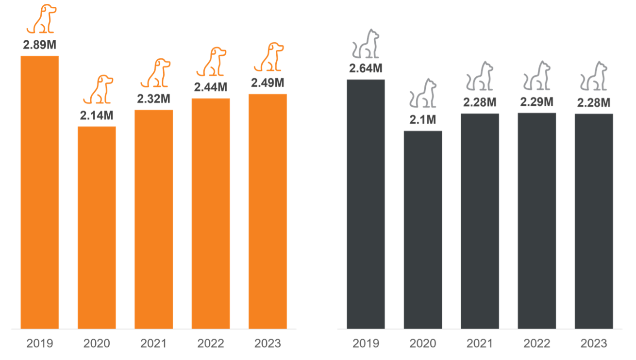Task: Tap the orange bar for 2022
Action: pos(211,213)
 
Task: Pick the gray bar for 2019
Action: pos(366,204)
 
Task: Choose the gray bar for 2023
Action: pos(594,221)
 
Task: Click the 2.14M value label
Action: pos(97,117)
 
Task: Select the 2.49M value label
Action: pos(268,83)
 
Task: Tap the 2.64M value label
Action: pos(366,69)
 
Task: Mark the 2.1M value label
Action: pos(423,119)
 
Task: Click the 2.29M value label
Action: pos(537,102)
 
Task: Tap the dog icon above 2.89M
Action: pos(41,19)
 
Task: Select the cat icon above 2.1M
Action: pos(423,94)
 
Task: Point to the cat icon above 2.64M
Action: pos(366,44)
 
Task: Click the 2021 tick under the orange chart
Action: pos(153,344)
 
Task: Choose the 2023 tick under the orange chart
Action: pos(268,344)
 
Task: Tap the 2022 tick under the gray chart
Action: pos(537,344)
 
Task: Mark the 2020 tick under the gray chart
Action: pos(423,344)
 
